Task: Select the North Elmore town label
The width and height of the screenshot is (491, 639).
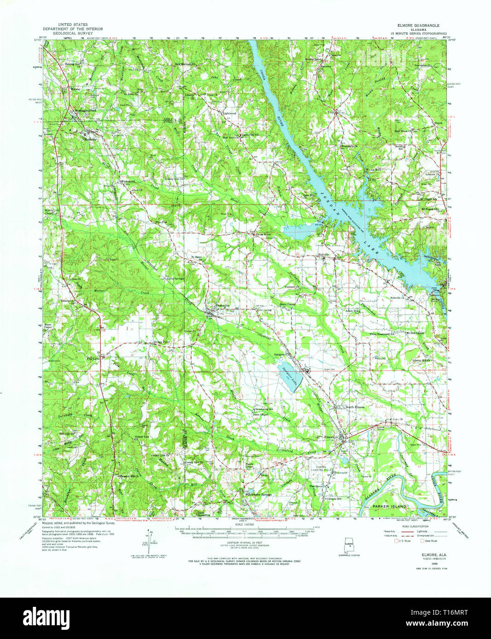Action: tap(355, 407)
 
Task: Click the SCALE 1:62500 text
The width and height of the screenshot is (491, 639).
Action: tap(245, 524)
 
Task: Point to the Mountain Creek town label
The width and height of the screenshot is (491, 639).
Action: tap(83, 111)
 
